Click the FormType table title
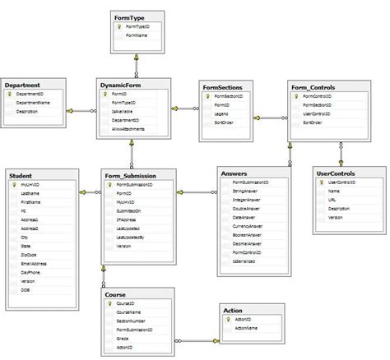tap(129, 16)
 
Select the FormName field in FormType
tap(137, 36)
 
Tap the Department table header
tap(24, 85)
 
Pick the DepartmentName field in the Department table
tap(34, 102)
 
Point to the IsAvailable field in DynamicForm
tap(123, 111)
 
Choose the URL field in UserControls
tap(332, 199)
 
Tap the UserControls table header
tap(335, 173)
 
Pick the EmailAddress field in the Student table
tap(33, 264)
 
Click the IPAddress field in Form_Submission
tap(127, 219)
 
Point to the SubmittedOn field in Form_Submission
tap(129, 211)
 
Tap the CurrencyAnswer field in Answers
tap(248, 226)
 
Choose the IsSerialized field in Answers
tap(245, 261)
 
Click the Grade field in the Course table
tap(122, 338)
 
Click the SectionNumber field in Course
tap(131, 321)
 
